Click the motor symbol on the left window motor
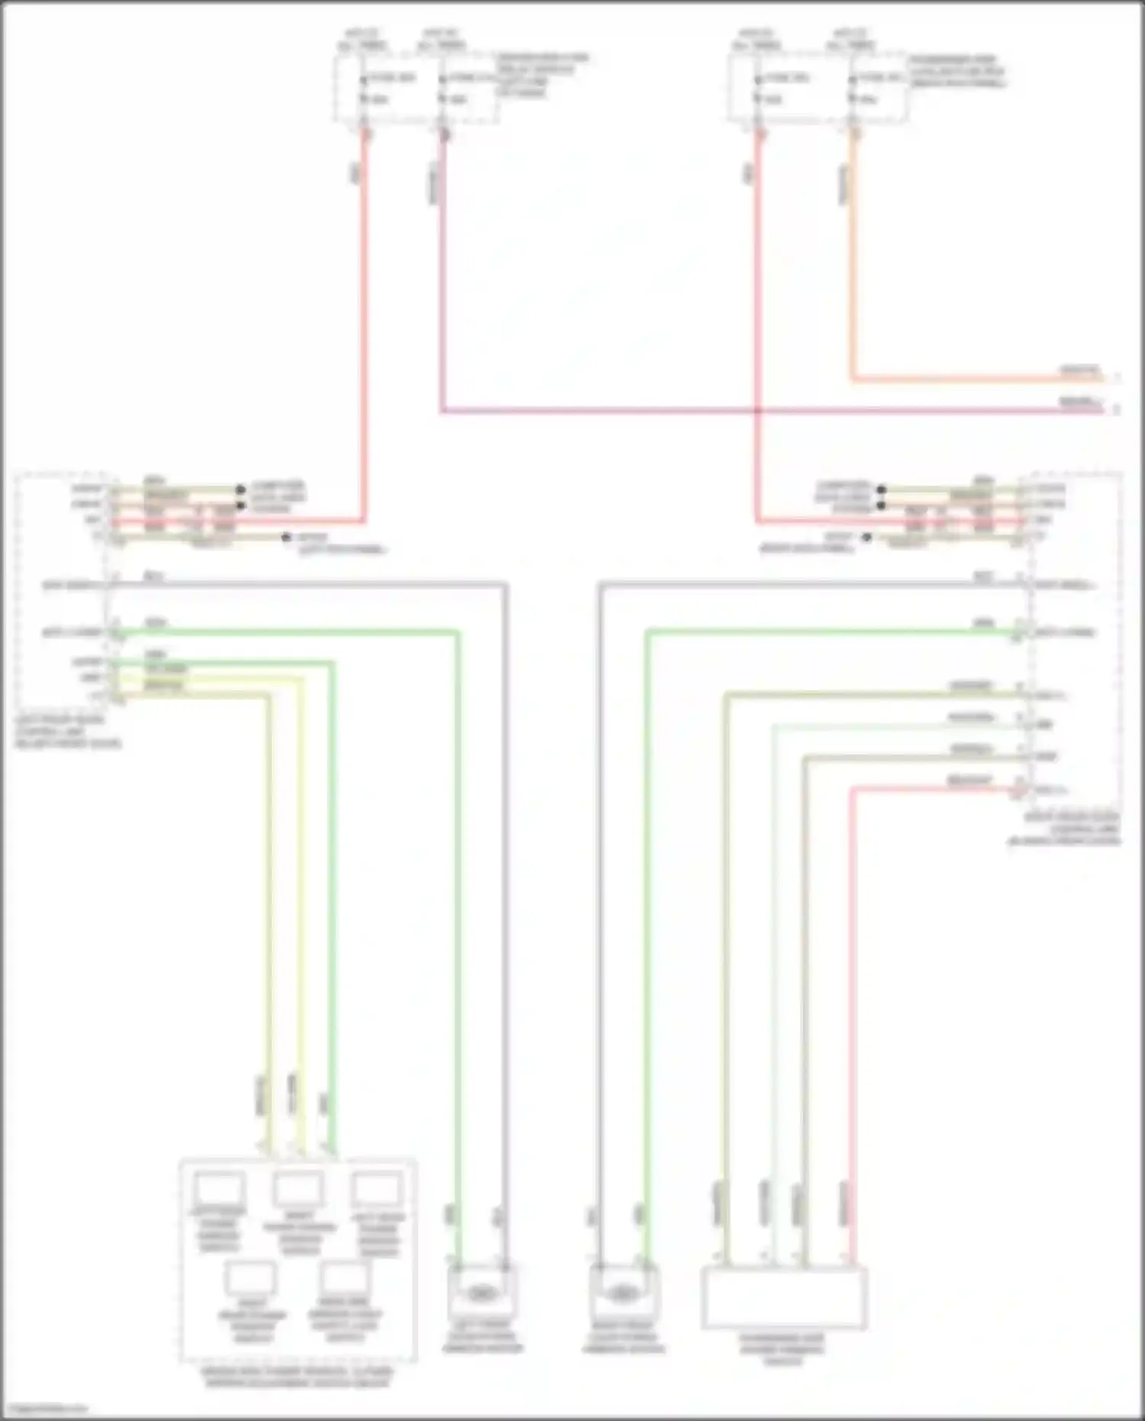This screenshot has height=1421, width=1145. click(481, 1293)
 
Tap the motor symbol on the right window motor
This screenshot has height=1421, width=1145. click(623, 1293)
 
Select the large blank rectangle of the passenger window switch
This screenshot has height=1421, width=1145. click(784, 1298)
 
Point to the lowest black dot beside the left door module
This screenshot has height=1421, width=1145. click(286, 538)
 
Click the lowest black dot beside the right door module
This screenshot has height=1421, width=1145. click(866, 538)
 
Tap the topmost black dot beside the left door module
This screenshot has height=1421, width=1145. click(240, 489)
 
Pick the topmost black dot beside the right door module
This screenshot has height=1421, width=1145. click(881, 489)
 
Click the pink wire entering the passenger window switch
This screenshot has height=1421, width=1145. click(852, 993)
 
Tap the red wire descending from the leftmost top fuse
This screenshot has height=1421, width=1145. click(364, 305)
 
